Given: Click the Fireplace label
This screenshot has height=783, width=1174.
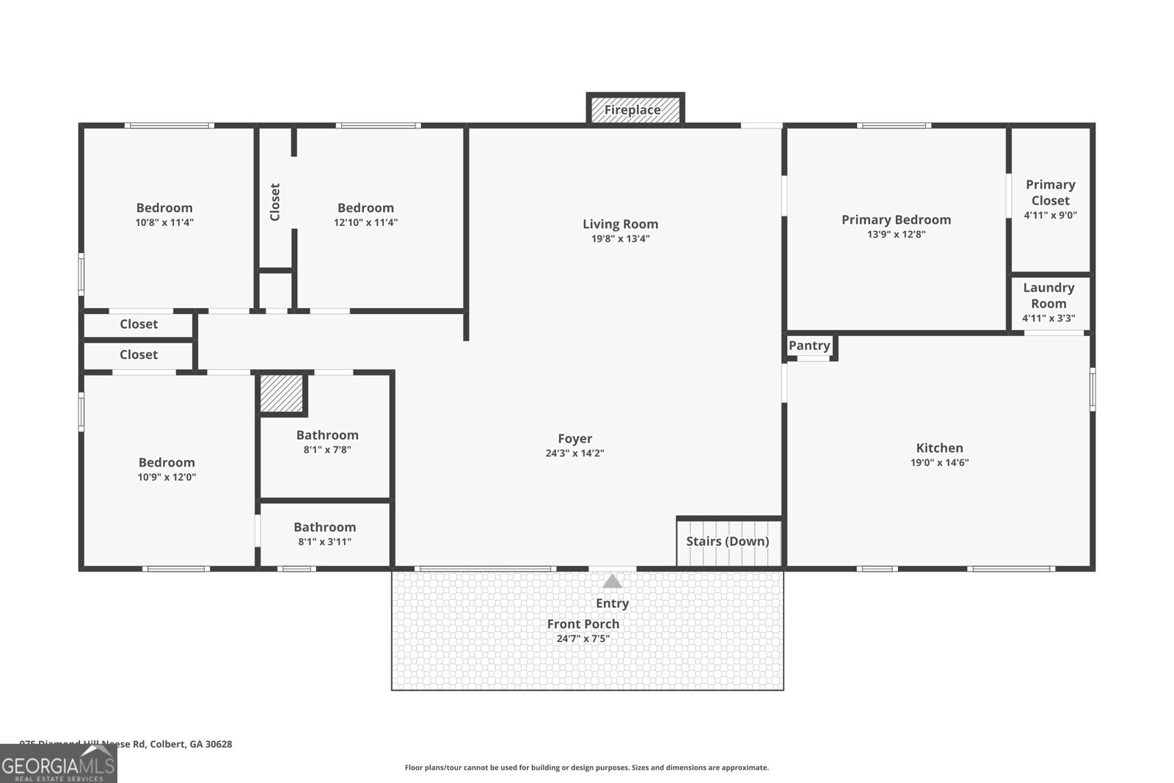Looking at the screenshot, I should [632, 110].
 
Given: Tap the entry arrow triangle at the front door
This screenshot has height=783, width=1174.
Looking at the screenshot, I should [613, 582].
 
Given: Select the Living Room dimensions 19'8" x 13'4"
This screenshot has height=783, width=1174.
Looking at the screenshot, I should [620, 239].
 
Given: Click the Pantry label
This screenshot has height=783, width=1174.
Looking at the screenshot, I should [809, 346].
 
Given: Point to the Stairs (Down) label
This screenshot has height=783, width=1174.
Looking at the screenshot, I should [727, 542].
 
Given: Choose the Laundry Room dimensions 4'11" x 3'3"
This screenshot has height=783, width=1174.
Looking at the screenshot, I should [1049, 318].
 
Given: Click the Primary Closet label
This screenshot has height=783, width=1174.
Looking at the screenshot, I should [1050, 192].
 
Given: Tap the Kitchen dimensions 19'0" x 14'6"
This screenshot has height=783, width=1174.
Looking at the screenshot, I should [939, 463].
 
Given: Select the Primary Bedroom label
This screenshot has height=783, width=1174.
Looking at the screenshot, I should [896, 219].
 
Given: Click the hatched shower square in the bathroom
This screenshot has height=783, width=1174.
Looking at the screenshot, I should [282, 394].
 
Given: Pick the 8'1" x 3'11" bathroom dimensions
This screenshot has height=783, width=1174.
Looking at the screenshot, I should [324, 542].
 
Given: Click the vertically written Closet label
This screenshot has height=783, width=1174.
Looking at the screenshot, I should [275, 202].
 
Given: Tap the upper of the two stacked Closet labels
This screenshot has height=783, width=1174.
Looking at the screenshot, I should [139, 324].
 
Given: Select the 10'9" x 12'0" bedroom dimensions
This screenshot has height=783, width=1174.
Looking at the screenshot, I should [167, 478].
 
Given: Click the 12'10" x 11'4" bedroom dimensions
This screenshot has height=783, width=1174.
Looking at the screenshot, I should [365, 223].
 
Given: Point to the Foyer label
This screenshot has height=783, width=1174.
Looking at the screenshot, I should [575, 439].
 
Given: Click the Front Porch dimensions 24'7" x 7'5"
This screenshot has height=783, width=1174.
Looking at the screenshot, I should [583, 639].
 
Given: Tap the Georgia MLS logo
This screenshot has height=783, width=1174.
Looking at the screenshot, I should [58, 764].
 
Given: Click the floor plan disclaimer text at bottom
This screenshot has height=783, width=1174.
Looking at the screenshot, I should [586, 768].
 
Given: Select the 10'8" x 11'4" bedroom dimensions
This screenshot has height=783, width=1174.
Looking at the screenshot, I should [164, 223].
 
